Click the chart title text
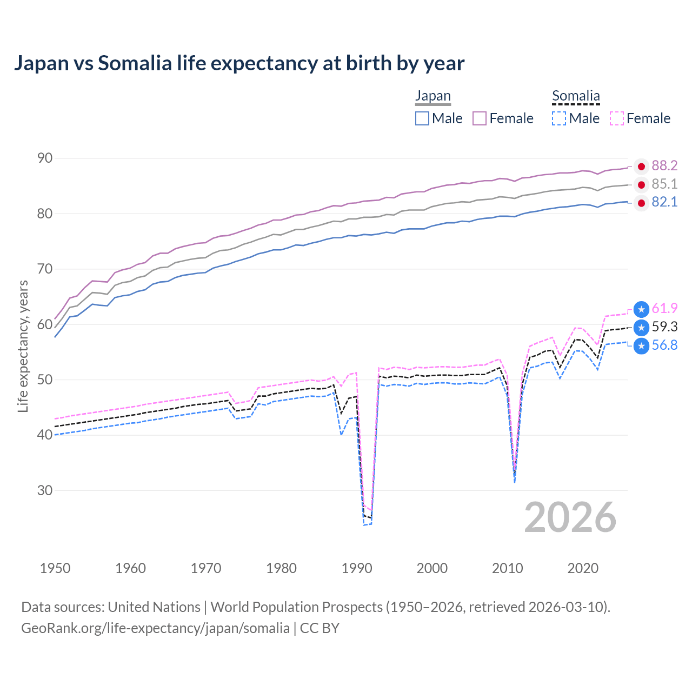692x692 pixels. (x=239, y=63)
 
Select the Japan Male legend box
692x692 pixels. (x=422, y=118)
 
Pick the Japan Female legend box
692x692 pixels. (x=480, y=118)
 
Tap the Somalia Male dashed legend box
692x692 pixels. (x=559, y=118)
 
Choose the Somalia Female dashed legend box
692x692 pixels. (x=617, y=118)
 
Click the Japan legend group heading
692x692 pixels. (x=432, y=96)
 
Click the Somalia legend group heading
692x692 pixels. (x=576, y=96)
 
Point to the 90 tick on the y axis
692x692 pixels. (x=45, y=158)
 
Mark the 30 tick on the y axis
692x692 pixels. (x=45, y=490)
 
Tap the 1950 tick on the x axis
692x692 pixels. (x=55, y=568)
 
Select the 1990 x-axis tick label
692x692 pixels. (x=357, y=568)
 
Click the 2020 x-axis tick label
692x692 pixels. (x=583, y=568)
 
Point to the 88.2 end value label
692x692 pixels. (x=664, y=166)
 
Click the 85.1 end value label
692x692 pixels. (x=664, y=184)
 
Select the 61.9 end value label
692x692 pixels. (x=664, y=309)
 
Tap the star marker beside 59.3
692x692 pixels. (x=641, y=328)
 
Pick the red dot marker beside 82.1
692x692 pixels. (x=641, y=203)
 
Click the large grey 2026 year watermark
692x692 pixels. (x=570, y=517)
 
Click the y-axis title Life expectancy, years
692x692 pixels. (x=23, y=346)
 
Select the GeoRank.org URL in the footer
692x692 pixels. (x=155, y=628)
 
